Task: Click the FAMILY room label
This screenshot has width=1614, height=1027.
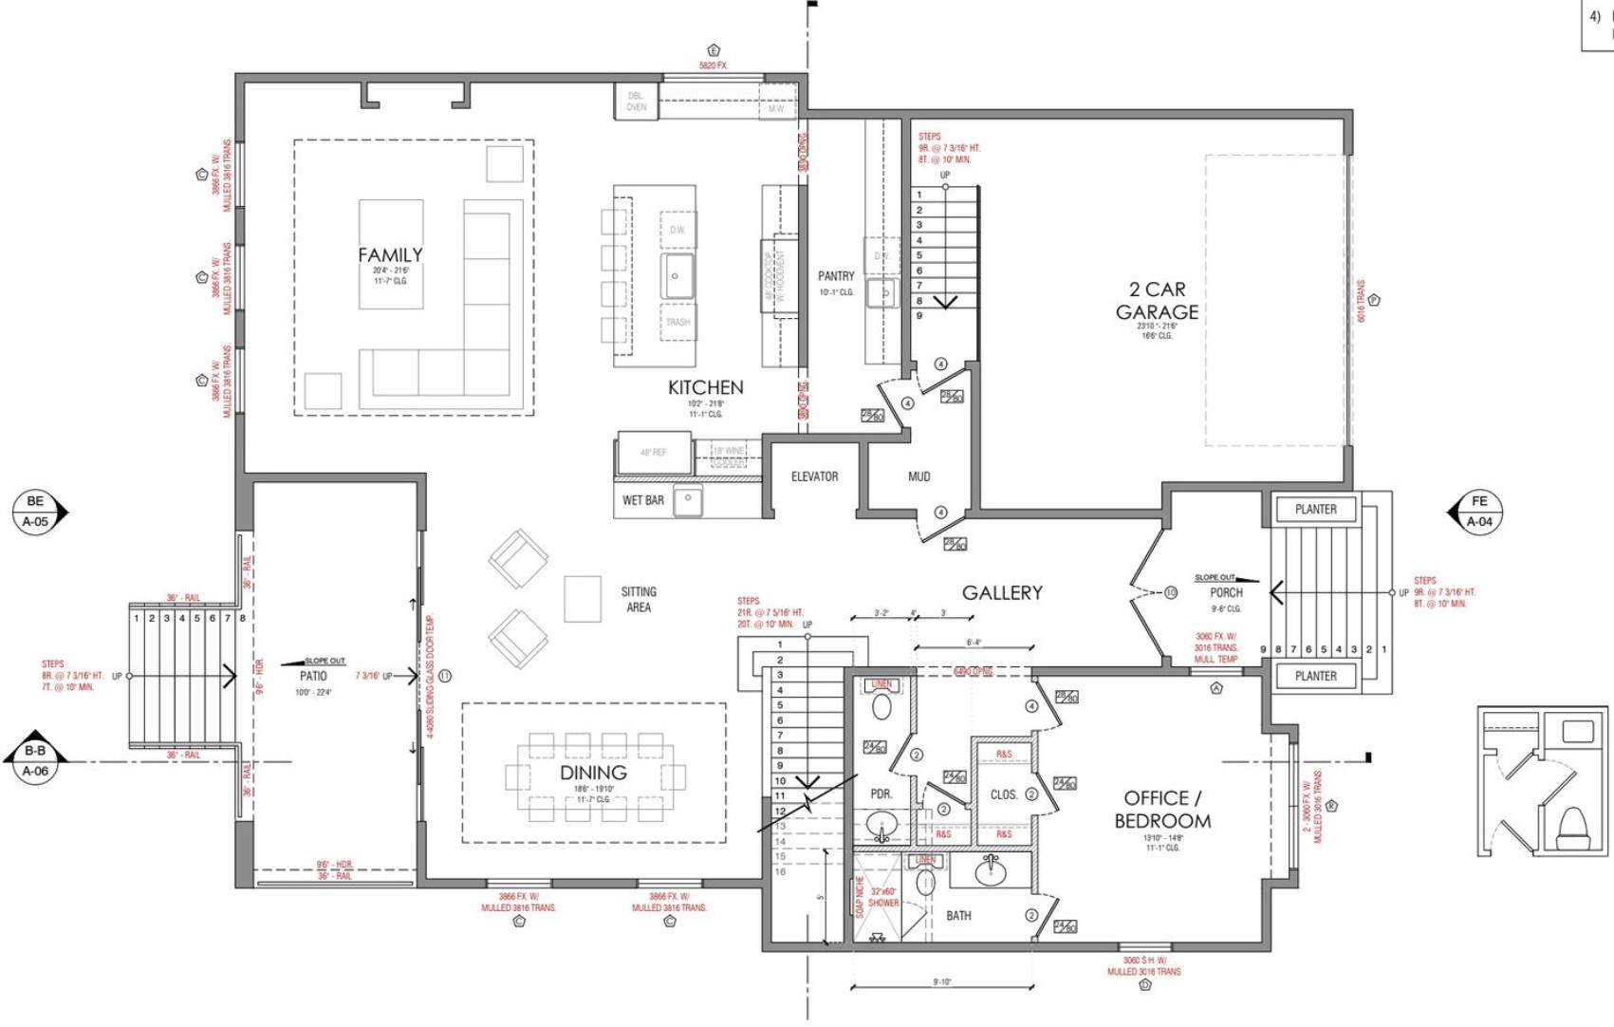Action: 390,255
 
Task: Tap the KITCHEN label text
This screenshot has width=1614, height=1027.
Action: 705,387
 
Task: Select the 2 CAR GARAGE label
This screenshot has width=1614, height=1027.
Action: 1157,301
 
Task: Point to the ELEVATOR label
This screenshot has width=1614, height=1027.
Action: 814,476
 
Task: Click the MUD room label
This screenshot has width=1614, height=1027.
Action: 918,476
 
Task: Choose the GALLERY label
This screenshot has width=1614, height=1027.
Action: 1002,593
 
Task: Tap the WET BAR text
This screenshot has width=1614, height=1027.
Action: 642,500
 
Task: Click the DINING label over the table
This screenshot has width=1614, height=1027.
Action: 593,773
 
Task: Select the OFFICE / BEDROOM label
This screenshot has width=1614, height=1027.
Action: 1162,810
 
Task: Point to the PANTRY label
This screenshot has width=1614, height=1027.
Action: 836,276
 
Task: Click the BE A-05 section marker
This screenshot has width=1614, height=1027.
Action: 36,512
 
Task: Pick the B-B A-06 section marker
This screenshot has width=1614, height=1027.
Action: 35,760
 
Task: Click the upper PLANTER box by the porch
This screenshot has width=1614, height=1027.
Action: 1315,510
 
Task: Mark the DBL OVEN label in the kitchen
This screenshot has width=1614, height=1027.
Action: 636,102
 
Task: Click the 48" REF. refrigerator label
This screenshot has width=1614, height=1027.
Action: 654,453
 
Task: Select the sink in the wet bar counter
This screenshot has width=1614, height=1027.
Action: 688,500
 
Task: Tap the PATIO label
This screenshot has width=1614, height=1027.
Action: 313,676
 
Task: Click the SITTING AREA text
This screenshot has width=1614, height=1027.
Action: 639,599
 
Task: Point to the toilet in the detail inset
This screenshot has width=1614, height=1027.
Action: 1571,830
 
